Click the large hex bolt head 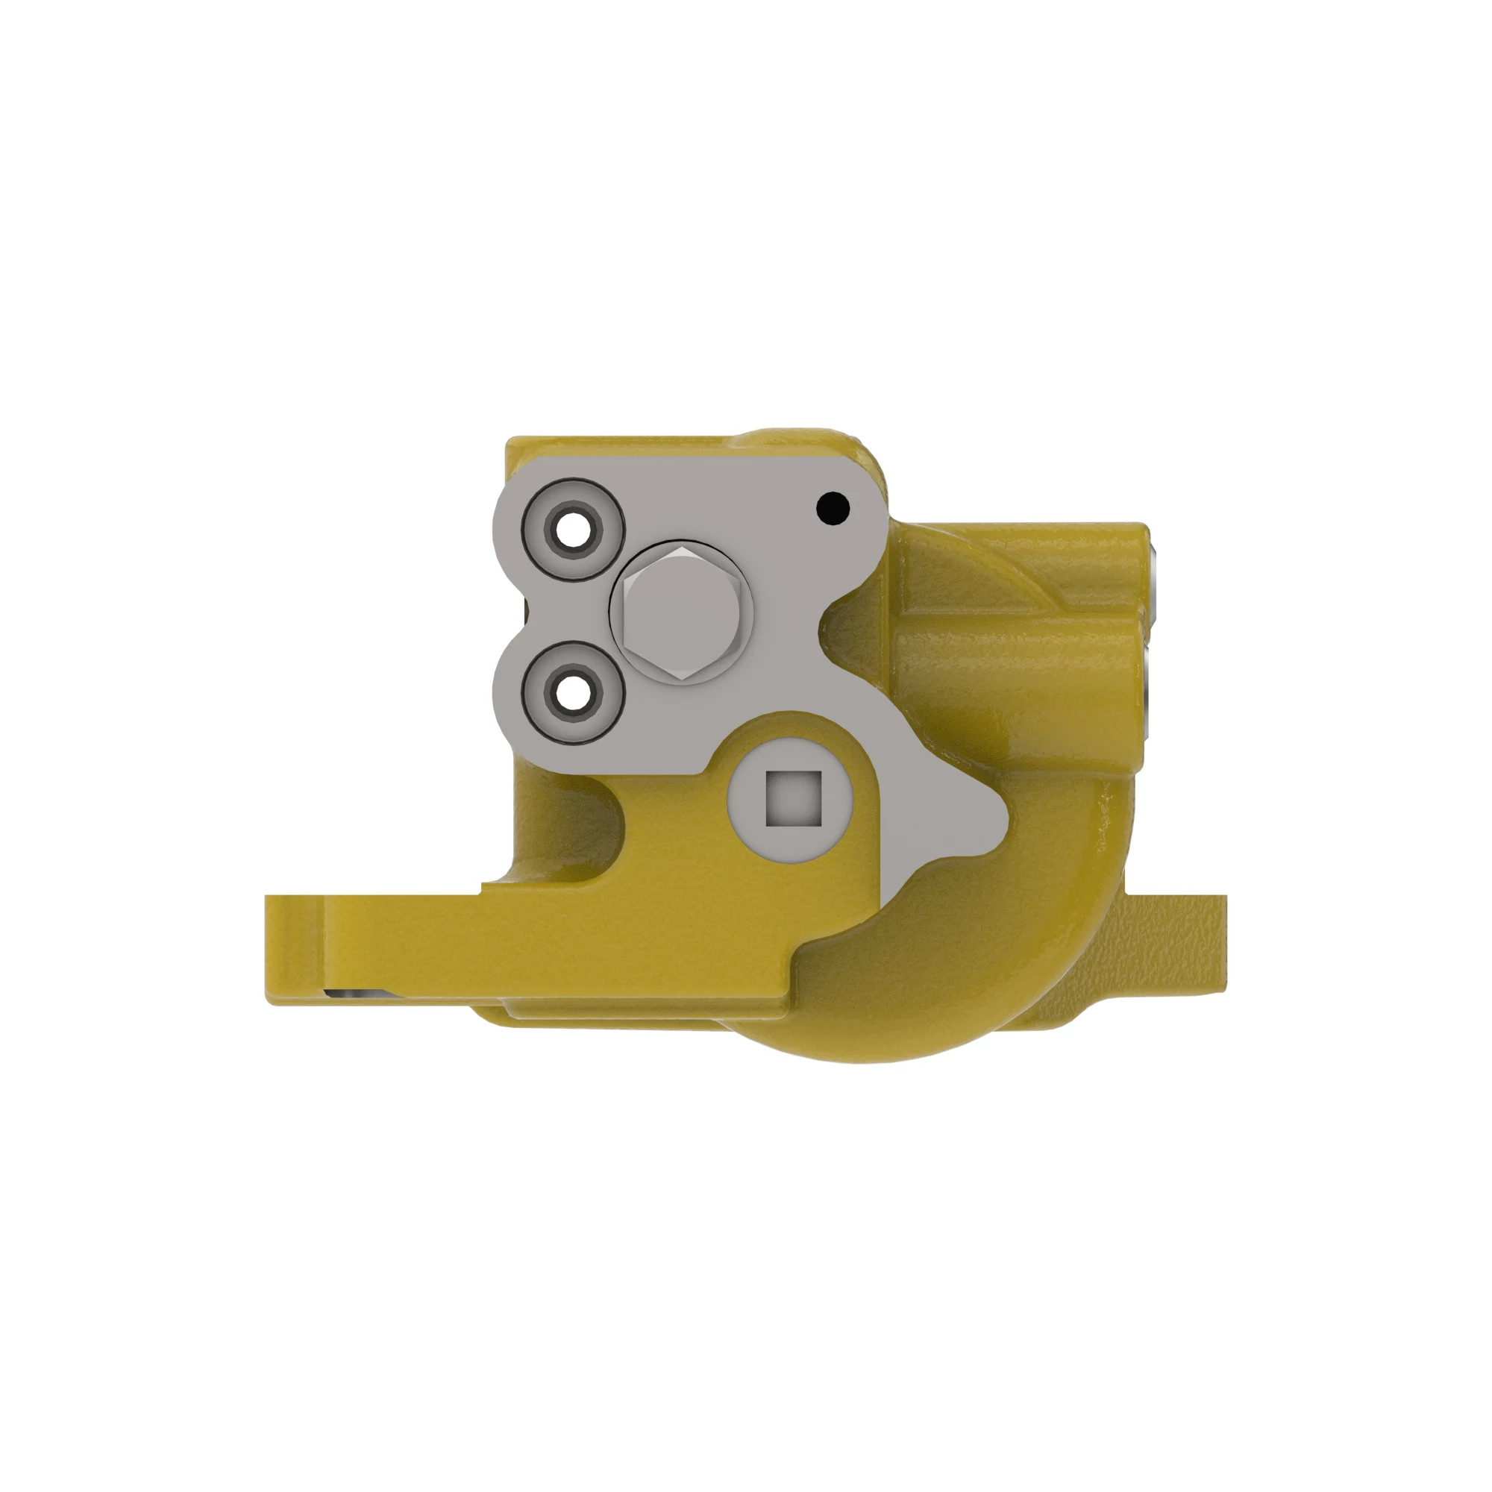(680, 612)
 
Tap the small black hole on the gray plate (833, 508)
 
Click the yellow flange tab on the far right (1189, 942)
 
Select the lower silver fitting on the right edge (1150, 672)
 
